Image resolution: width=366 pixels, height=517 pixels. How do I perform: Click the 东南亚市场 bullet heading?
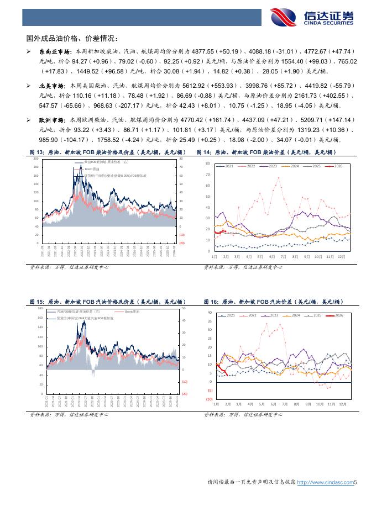click(x=55, y=50)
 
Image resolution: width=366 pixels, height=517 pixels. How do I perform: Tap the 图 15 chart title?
click(x=107, y=302)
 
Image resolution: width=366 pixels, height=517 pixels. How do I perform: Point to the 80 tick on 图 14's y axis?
click(x=207, y=164)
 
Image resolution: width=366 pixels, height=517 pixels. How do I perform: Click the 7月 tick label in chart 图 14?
click(x=284, y=257)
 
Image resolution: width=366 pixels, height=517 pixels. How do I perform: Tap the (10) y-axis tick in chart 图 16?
click(x=209, y=399)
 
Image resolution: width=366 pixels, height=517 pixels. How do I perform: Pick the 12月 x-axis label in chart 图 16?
click(x=343, y=404)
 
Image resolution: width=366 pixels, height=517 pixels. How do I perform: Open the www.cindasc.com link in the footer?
click(x=325, y=482)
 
